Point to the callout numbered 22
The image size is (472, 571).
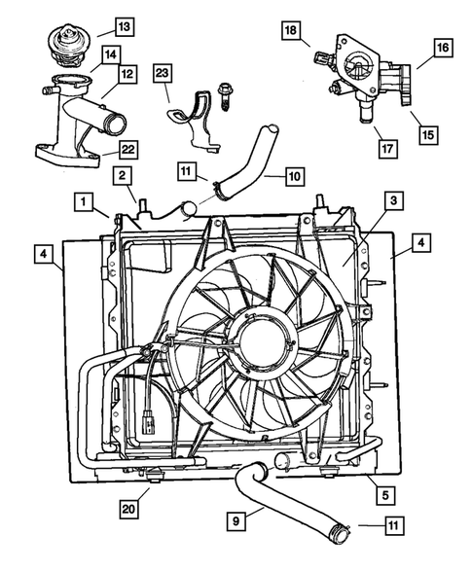[x=127, y=148]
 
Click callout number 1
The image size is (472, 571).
[x=87, y=202]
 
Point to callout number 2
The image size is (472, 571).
[x=122, y=175]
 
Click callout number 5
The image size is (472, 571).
[x=386, y=495]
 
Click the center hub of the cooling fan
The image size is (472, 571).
[x=260, y=341]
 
